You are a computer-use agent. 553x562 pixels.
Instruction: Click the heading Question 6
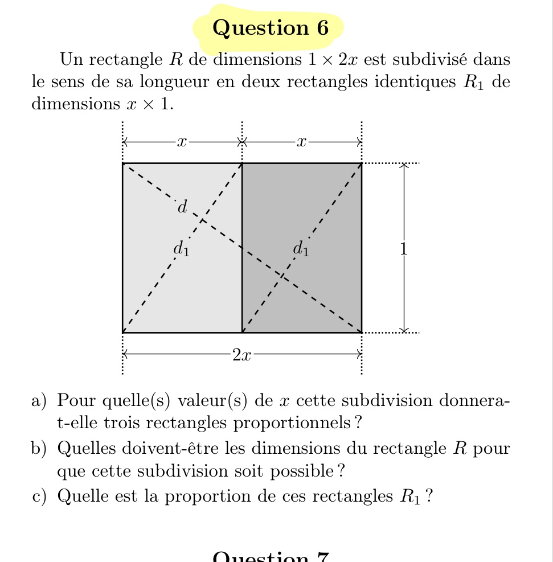(x=271, y=28)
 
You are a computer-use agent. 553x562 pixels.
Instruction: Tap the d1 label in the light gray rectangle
(x=182, y=249)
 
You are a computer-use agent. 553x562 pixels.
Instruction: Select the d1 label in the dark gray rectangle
(x=301, y=249)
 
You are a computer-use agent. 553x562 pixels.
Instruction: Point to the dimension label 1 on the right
(x=403, y=249)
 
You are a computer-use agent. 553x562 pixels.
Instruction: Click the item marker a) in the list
(x=39, y=400)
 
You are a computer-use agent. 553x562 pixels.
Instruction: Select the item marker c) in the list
(x=39, y=496)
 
